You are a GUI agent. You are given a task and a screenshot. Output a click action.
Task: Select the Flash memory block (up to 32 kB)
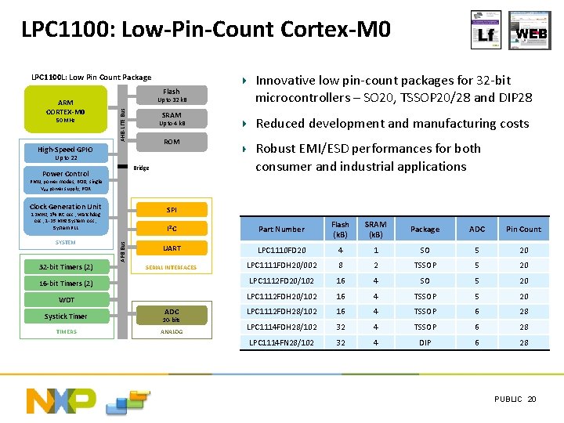click(x=172, y=96)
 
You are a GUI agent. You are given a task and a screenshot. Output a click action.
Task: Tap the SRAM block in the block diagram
click(x=172, y=119)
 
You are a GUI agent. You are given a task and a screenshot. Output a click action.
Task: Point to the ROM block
click(x=172, y=143)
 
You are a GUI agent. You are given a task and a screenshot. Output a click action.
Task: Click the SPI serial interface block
click(x=172, y=210)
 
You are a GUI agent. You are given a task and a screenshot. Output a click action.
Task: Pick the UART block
click(x=172, y=248)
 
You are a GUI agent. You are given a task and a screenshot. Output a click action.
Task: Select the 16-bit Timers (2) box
click(x=67, y=284)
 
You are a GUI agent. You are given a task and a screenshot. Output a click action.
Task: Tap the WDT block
click(x=67, y=300)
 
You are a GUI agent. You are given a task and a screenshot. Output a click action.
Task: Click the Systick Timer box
click(x=67, y=316)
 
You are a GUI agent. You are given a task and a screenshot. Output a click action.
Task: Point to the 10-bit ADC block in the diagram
click(x=172, y=315)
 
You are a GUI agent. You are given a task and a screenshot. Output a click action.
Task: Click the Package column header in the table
click(x=425, y=229)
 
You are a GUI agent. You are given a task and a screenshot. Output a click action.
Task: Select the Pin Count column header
click(x=523, y=229)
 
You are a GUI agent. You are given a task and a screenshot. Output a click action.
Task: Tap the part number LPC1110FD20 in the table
click(x=281, y=250)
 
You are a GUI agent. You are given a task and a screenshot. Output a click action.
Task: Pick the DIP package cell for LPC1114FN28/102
click(x=425, y=343)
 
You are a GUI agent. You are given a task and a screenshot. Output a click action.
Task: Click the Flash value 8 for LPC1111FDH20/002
click(x=340, y=265)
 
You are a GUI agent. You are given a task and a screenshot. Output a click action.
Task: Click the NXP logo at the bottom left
click(x=60, y=400)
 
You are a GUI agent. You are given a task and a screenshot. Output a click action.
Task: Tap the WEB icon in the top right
click(x=530, y=31)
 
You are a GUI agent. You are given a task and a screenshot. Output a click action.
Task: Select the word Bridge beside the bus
click(x=142, y=168)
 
